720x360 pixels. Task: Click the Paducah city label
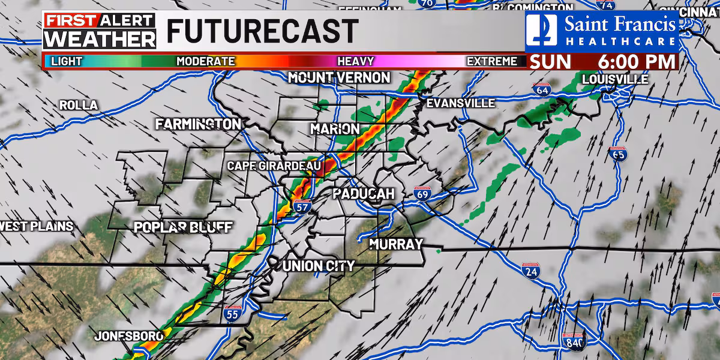[x=364, y=194]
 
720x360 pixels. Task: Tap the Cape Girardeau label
[x=275, y=166]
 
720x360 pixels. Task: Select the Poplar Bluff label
[x=183, y=227]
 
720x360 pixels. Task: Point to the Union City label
[x=319, y=266]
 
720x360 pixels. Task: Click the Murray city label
[x=396, y=244]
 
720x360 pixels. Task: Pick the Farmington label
[x=198, y=124]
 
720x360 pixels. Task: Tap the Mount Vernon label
[x=339, y=77]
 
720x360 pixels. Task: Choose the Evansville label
[x=461, y=103]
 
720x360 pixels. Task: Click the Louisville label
[x=615, y=79]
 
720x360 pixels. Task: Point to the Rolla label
[x=78, y=105]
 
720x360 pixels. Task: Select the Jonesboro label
[x=128, y=336]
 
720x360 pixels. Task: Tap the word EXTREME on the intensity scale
[x=492, y=61]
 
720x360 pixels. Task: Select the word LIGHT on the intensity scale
[x=67, y=61]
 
